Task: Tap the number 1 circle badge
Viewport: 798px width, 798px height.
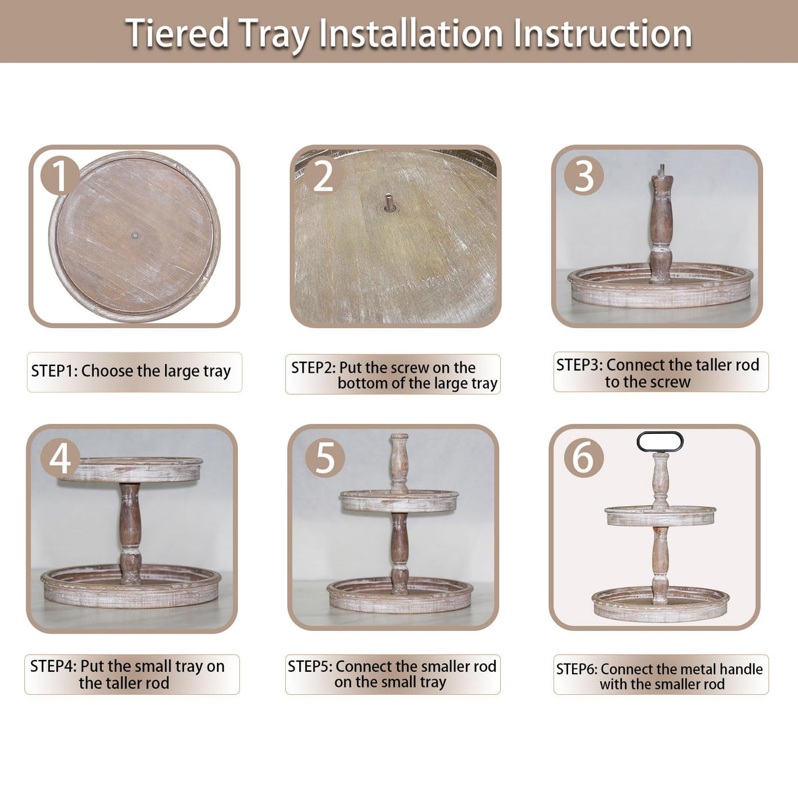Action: (60, 176)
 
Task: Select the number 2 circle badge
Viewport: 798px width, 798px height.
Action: (323, 176)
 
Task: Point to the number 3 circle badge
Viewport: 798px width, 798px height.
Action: (584, 176)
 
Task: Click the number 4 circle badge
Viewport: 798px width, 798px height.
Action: (60, 458)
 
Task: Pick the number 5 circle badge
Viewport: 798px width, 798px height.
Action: (325, 458)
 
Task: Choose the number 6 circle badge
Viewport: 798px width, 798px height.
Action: (584, 458)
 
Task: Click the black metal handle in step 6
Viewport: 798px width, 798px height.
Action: (660, 442)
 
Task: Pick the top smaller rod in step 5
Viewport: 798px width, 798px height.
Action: (398, 460)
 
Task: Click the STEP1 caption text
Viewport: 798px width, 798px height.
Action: (131, 371)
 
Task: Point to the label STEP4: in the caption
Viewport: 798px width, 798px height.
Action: (53, 666)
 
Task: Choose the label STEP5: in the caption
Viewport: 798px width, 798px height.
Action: (310, 666)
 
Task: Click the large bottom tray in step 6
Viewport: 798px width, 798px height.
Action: (661, 605)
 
